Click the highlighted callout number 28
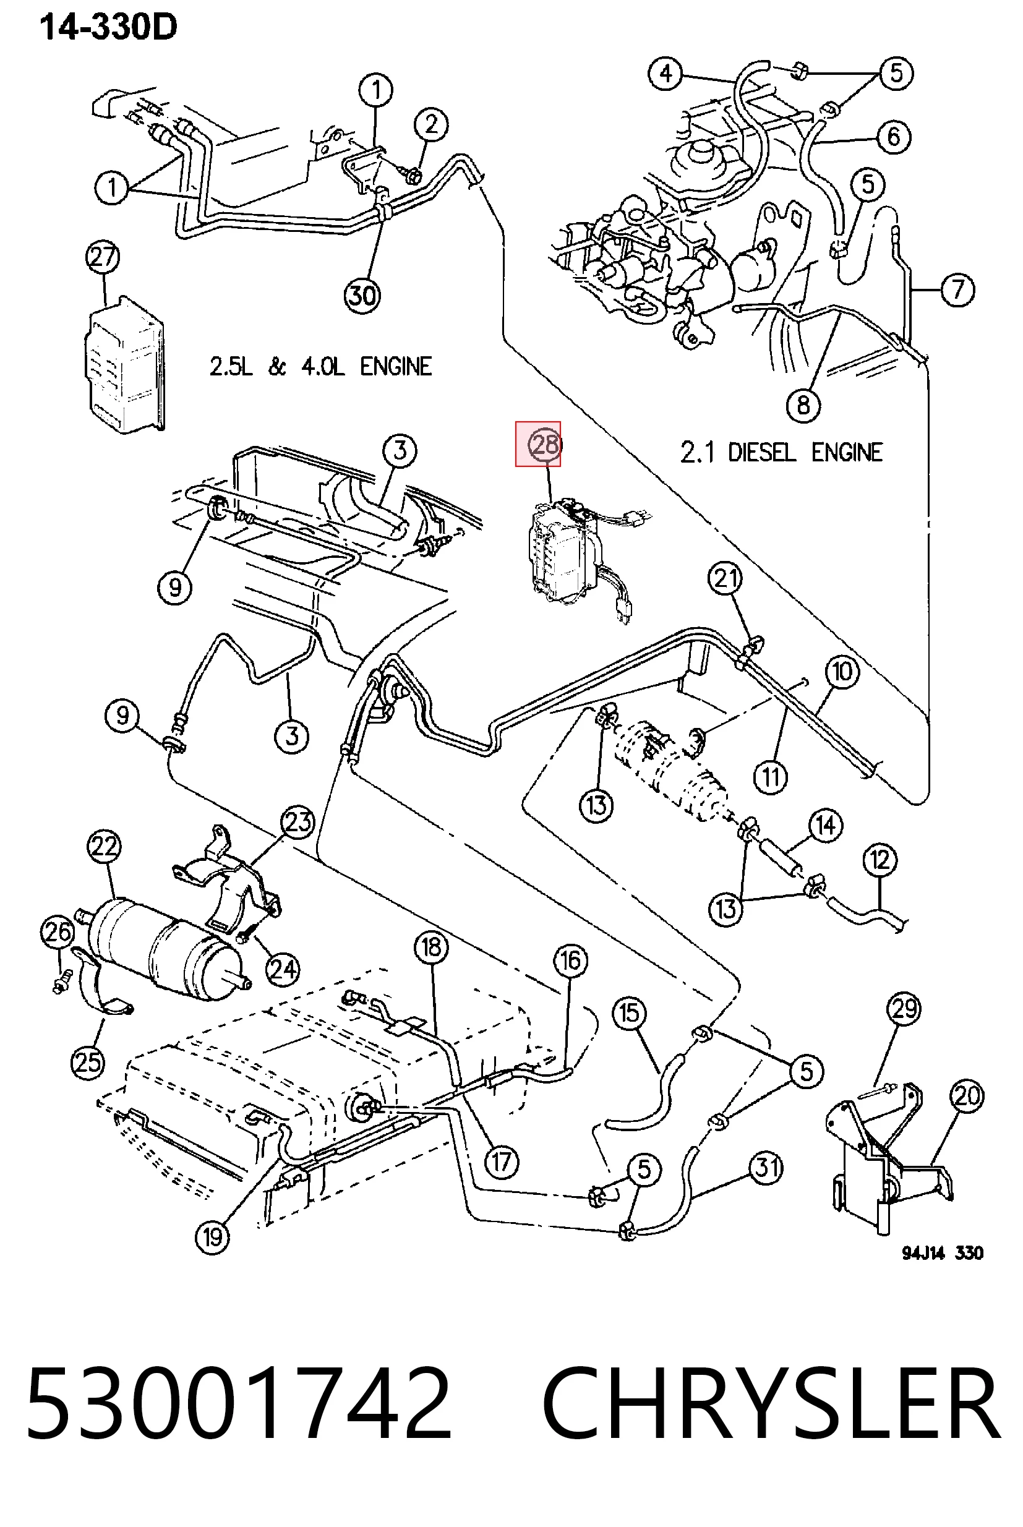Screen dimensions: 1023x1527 point(545,445)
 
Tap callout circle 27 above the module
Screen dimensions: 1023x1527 point(103,258)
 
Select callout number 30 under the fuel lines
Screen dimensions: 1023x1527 point(362,296)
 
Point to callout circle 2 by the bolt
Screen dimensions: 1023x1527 point(430,124)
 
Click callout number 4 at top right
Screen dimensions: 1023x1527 point(666,73)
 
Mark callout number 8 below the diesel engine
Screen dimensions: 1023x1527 point(803,405)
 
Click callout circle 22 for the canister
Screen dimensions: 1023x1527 point(105,847)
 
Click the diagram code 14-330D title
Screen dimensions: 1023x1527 point(108,28)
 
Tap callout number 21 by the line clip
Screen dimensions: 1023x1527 point(726,578)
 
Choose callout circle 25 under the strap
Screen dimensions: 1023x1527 point(88,1062)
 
